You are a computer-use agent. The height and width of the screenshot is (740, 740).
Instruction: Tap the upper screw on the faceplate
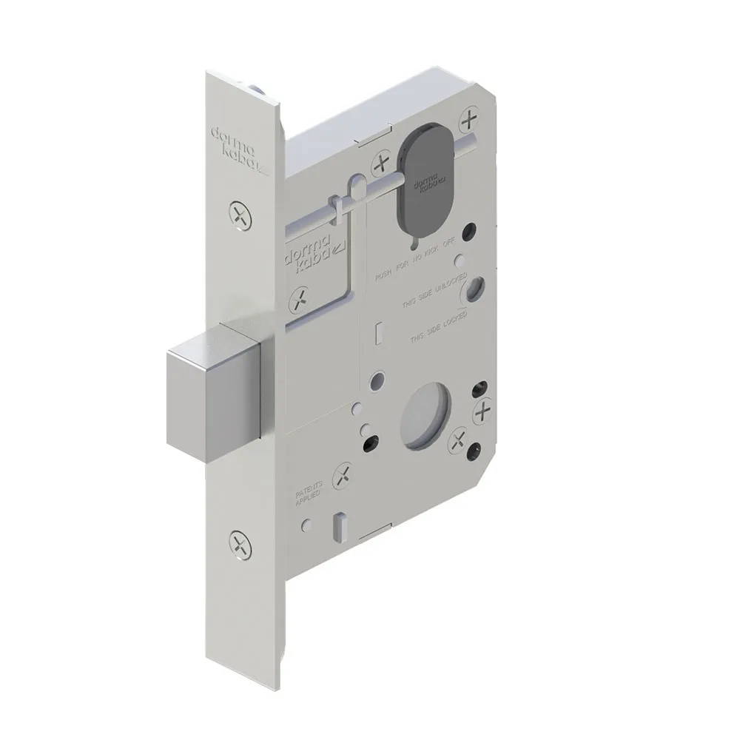click(x=240, y=215)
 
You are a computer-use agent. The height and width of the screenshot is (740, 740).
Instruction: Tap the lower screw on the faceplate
click(x=240, y=545)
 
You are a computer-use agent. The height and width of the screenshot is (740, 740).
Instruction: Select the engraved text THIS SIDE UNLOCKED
click(x=432, y=297)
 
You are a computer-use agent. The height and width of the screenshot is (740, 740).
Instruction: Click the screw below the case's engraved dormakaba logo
click(x=299, y=300)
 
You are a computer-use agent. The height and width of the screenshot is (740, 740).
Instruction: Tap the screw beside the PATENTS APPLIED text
click(x=343, y=476)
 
